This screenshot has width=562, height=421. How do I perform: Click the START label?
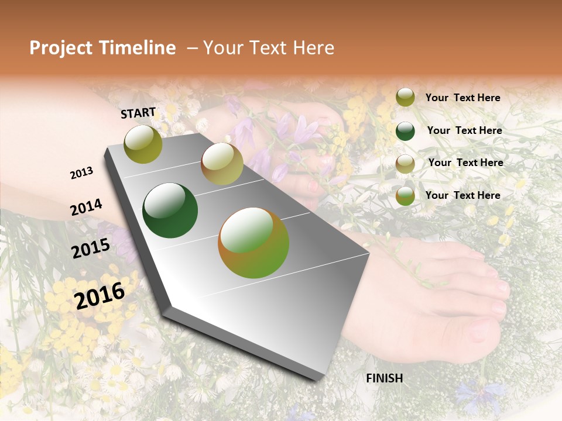(138, 113)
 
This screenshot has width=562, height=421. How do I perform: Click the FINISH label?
(384, 378)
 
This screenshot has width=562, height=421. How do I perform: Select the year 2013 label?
(82, 172)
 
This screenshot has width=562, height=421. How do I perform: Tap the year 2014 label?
(86, 207)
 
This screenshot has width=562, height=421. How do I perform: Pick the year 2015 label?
(90, 249)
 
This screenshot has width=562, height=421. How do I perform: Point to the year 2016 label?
(100, 295)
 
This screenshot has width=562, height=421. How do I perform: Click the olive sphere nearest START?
(143, 144)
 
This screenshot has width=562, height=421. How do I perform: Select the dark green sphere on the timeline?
(170, 210)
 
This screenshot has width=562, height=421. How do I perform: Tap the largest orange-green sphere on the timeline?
(253, 242)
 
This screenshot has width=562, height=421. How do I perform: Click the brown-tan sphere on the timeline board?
(222, 164)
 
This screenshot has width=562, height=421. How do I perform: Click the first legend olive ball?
(405, 98)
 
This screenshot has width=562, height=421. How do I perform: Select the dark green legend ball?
(405, 131)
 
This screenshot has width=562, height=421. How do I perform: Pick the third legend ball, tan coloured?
(405, 164)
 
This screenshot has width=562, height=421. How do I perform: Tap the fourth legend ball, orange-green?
(405, 196)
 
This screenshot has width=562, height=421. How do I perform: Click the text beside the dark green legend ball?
(464, 130)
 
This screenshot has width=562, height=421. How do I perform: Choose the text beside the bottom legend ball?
(462, 195)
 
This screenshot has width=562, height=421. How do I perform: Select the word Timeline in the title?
(140, 48)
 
